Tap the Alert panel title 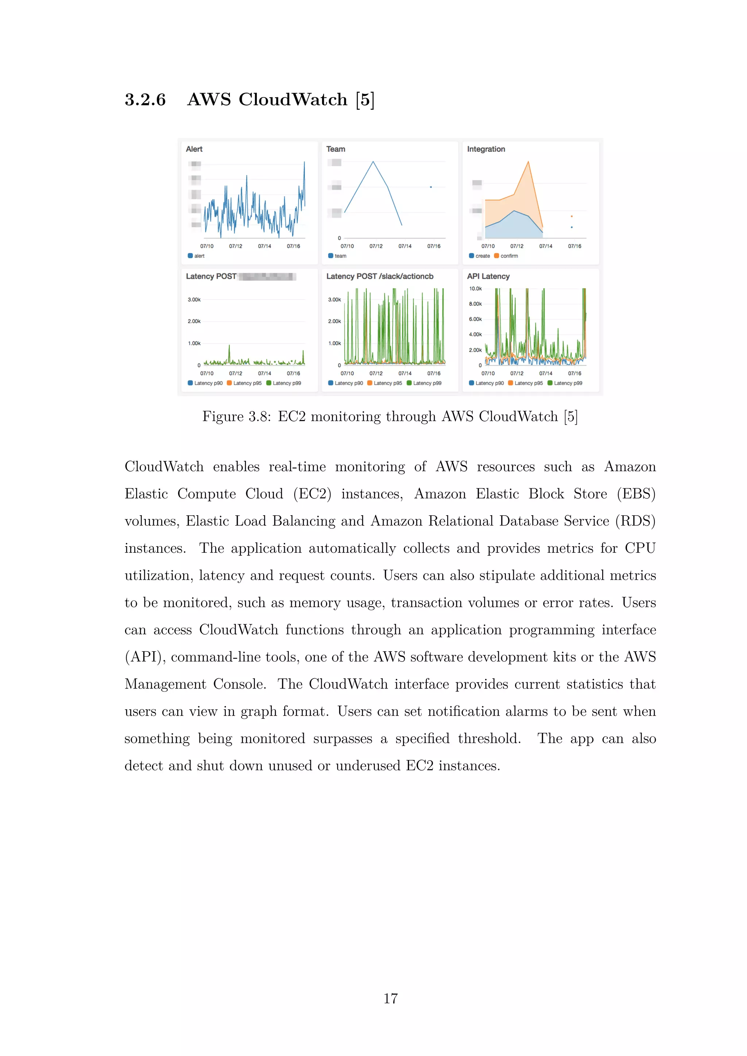coord(194,149)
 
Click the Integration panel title coord(486,149)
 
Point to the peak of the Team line coord(373,162)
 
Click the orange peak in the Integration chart coord(528,162)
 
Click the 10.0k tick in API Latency coord(475,289)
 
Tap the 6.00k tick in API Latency coord(475,319)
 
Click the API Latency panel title coord(488,276)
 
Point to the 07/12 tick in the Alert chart coord(236,246)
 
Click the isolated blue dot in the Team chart coord(430,187)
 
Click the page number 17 coord(391,998)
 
